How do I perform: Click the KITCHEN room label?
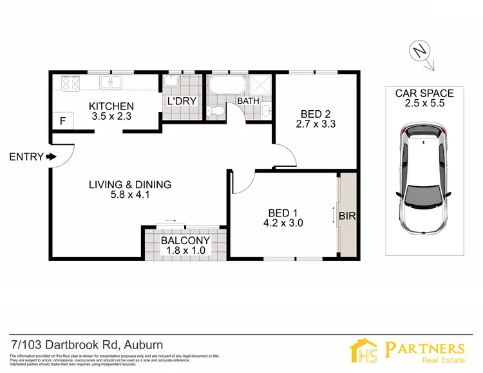pos(111,106)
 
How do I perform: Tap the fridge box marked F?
pos(62,120)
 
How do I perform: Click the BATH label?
pos(248,101)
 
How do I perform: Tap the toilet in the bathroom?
pos(218,111)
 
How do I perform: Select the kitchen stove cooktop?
pos(70,82)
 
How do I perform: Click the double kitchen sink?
pos(112,82)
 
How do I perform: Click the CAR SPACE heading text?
pos(424,93)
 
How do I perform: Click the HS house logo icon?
pos(365,351)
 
